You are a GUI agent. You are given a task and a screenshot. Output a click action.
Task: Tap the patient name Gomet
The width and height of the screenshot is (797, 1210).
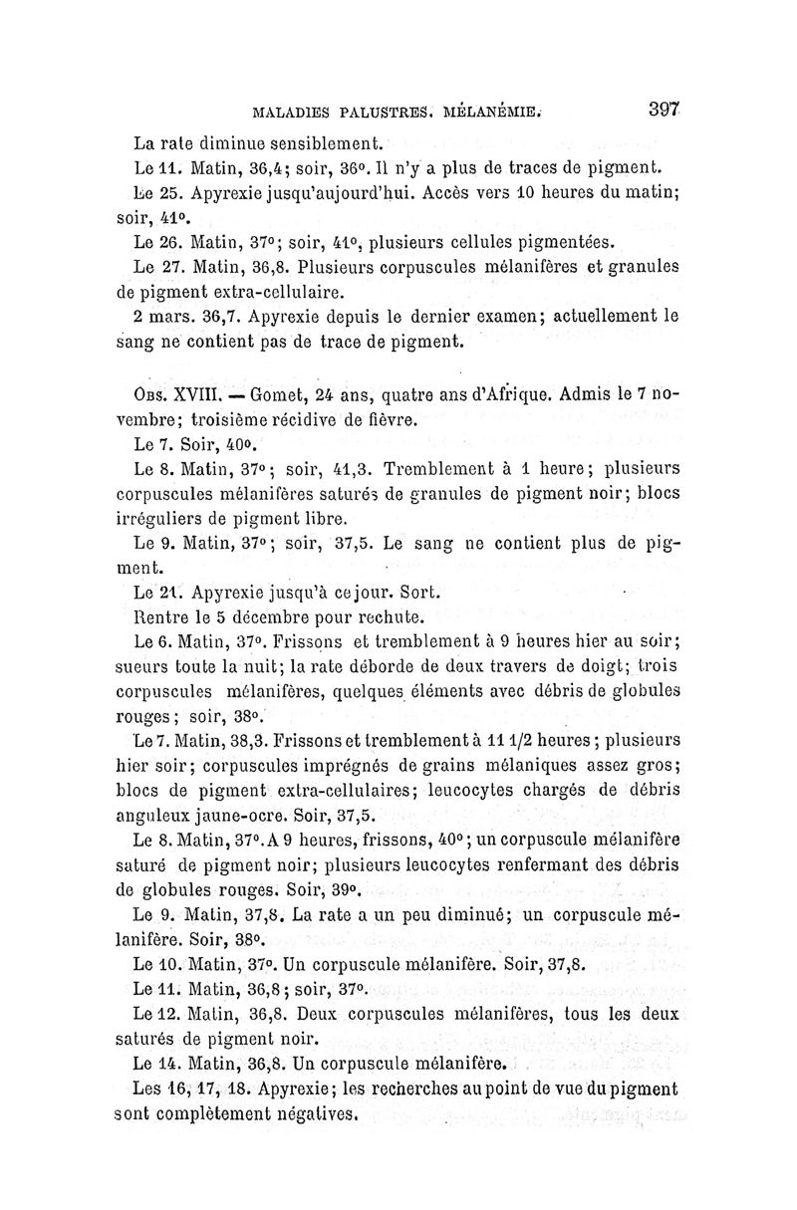tap(255, 394)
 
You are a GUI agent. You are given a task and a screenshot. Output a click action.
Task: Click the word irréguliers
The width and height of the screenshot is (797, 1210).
tap(165, 519)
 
